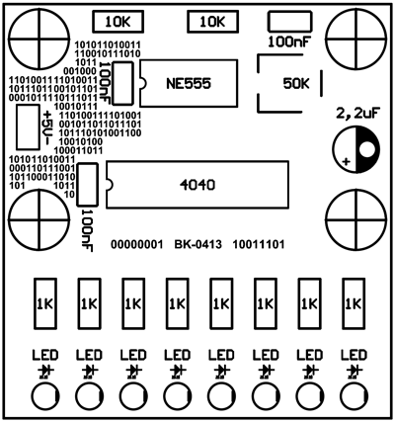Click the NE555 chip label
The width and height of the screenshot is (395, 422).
tap(189, 84)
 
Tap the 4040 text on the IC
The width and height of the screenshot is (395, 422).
tap(197, 185)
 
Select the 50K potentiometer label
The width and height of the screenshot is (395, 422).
tap(296, 84)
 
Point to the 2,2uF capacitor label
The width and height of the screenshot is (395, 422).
tap(356, 114)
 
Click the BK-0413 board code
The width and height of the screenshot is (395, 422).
tap(197, 245)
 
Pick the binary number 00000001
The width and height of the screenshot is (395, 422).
tap(137, 245)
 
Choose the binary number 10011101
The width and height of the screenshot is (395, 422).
tap(259, 245)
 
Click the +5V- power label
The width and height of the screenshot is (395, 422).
tap(47, 127)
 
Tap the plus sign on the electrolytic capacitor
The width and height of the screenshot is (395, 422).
tap(346, 161)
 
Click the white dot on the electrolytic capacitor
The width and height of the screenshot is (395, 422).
tap(367, 149)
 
